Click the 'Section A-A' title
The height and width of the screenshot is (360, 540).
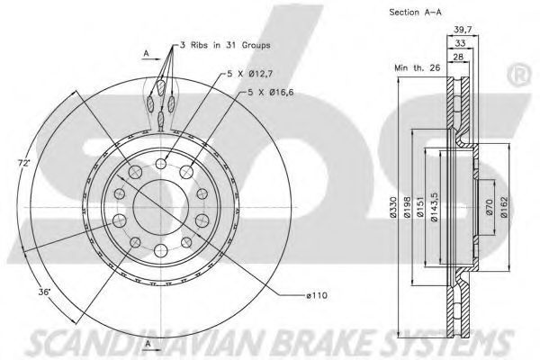point(415,13)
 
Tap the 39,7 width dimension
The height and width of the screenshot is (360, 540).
point(463,30)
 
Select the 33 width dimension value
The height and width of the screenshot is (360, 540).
point(460,43)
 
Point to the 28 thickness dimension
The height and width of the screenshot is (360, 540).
point(458,57)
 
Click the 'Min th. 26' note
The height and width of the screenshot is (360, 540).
point(417,67)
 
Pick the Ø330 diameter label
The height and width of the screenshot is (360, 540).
point(394,207)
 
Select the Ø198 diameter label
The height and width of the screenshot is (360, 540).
point(407,207)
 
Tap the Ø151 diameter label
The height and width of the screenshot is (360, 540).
point(420,207)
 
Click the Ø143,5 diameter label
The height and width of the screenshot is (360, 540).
point(435,207)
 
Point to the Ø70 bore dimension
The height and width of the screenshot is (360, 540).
point(490,207)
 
